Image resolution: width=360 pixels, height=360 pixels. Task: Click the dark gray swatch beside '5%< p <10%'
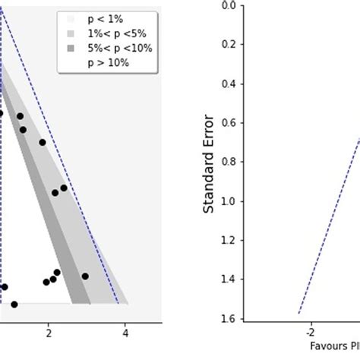coord(71,49)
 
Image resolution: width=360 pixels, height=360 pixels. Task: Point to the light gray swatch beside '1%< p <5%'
coord(71,34)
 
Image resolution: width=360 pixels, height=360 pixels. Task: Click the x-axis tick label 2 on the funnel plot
coord(48,333)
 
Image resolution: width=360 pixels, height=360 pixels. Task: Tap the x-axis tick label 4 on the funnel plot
coord(125,333)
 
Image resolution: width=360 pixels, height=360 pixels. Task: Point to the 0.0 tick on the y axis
coord(230,5)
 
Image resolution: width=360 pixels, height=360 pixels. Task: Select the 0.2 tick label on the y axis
coord(230,44)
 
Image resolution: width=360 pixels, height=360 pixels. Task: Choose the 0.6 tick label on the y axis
coord(230,122)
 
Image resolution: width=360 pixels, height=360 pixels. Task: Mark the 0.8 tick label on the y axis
coord(230,162)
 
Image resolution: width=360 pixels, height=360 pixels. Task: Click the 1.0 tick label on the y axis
coord(230,201)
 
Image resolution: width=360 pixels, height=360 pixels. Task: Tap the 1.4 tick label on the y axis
coord(230,279)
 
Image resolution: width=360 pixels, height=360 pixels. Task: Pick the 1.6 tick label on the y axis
coord(230,318)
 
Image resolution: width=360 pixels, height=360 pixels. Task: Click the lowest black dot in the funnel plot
coord(14,304)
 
